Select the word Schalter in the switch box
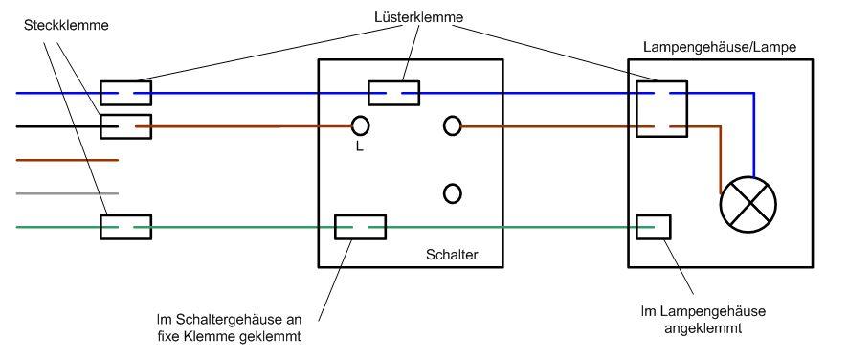click(x=452, y=256)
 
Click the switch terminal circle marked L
click(x=361, y=125)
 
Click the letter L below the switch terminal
click(x=359, y=148)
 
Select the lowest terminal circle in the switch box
click(x=453, y=193)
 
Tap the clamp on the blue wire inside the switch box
click(x=394, y=93)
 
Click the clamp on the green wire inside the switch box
click(x=360, y=227)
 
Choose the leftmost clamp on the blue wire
click(x=126, y=93)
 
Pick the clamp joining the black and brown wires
click(x=126, y=125)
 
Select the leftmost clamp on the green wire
click(x=126, y=227)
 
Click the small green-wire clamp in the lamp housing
click(x=654, y=227)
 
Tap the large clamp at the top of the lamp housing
click(x=662, y=109)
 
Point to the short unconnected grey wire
click(x=67, y=193)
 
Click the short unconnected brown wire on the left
click(x=67, y=160)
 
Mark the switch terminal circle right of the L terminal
click(x=453, y=125)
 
